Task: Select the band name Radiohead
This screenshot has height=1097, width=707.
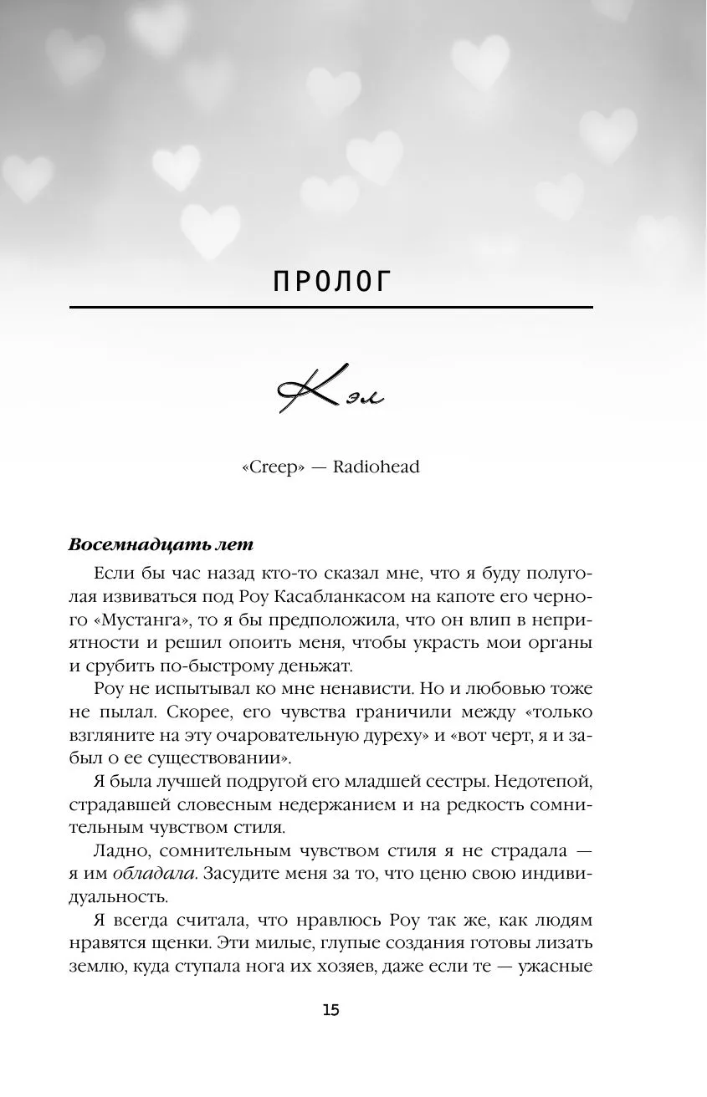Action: coord(376,467)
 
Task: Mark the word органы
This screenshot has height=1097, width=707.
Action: coord(561,644)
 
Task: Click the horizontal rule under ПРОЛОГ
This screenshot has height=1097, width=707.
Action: coord(331,308)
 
